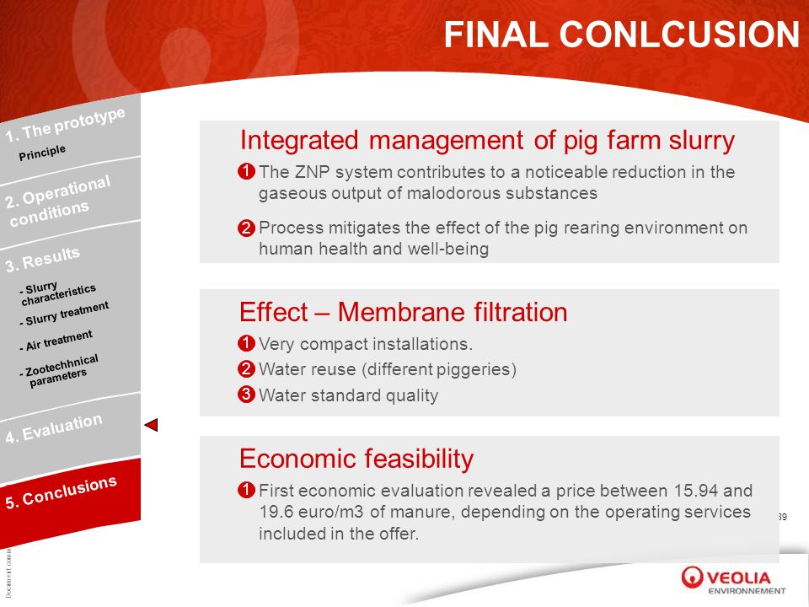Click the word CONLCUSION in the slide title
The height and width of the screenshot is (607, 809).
point(679,35)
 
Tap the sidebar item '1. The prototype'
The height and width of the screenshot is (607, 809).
point(66,125)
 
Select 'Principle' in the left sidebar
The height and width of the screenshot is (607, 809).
point(42,153)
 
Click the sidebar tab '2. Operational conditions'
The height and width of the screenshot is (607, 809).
point(58,201)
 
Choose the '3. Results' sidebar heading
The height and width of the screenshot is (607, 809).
point(43,259)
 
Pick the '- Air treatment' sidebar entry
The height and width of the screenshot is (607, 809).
point(56,341)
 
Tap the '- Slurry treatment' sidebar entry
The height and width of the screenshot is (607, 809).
point(64,314)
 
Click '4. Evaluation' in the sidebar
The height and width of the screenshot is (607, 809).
point(54,428)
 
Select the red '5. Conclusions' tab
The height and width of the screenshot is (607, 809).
point(61,492)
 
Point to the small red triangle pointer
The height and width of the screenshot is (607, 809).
point(152,425)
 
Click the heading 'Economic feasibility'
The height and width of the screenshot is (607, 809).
point(356,459)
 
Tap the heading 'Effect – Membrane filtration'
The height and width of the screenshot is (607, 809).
point(404,312)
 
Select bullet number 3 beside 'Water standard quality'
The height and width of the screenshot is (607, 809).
point(246,395)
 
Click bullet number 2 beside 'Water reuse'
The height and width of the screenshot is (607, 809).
point(246,369)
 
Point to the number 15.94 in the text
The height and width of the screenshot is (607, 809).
point(696,491)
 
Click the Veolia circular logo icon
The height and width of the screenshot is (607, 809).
point(692,577)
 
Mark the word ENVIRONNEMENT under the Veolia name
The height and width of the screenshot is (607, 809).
point(747,591)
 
